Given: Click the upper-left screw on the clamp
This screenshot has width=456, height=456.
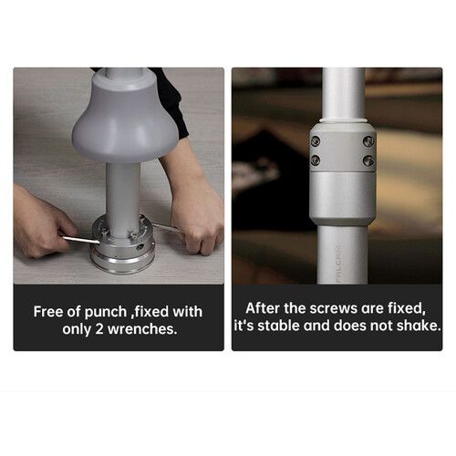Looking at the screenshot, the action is pos(316,141).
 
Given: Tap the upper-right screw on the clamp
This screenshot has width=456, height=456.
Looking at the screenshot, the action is pos(368,141).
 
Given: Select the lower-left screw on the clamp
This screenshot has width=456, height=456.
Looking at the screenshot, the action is pos(316,160).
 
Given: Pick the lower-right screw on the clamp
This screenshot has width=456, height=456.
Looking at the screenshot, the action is pos(368,160).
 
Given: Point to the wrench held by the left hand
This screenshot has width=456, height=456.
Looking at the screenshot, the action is pos(81,240).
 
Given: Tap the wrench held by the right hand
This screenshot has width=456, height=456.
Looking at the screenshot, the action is pos(167,227).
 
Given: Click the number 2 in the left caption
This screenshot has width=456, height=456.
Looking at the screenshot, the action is pos(99,329).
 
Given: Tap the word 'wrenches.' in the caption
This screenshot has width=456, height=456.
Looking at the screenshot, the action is pos(142,329).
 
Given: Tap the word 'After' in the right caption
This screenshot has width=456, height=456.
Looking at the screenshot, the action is pos(263,308).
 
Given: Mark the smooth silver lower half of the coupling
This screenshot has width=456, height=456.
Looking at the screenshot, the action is pos(343,199).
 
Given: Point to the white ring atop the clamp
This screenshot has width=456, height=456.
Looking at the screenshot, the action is pos(343,120).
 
